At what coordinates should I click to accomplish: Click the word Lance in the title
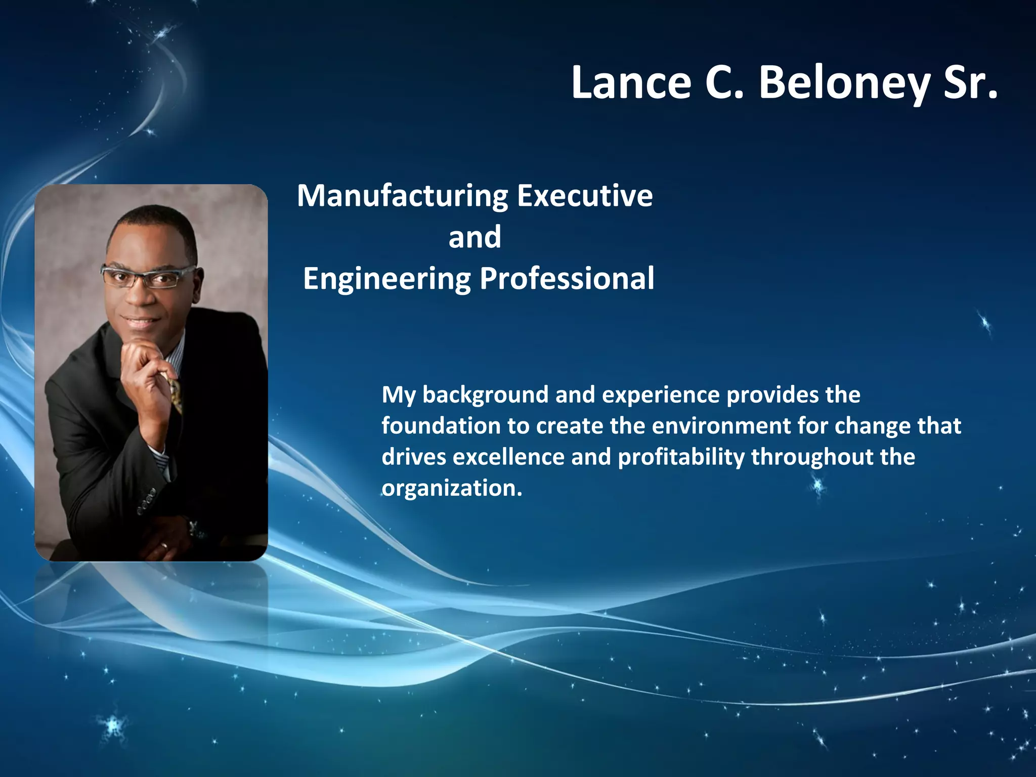coord(631,83)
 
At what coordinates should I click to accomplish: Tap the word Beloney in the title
coord(844,83)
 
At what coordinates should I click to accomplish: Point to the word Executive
coord(585,196)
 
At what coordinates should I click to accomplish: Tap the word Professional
coord(567,279)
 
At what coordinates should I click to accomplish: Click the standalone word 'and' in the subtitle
coord(474,237)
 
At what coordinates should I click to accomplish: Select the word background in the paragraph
coord(485,395)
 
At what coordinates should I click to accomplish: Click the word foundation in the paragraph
coord(441,426)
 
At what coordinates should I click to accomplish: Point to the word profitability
coord(681,457)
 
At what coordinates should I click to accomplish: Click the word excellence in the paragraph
coord(508,457)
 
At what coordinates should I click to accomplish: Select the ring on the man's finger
coord(164,546)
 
